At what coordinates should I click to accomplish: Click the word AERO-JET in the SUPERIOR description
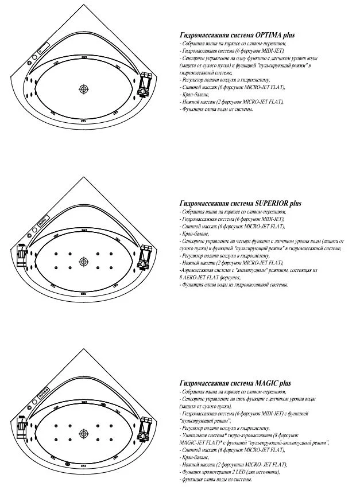point(199,277)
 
